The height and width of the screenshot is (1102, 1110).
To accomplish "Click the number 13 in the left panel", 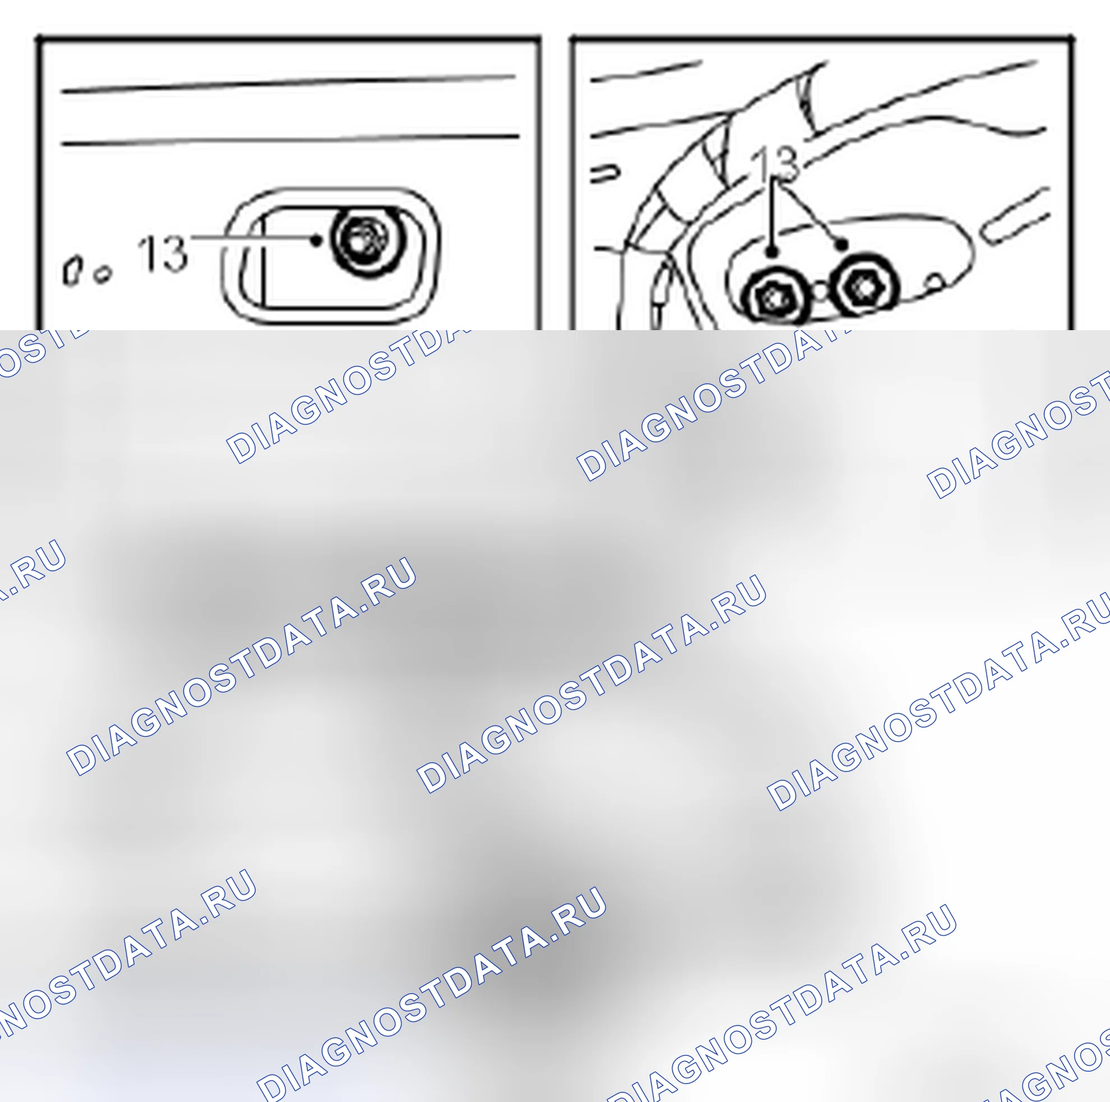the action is pyautogui.click(x=163, y=253).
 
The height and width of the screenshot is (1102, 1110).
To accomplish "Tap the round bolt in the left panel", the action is pyautogui.click(x=363, y=240).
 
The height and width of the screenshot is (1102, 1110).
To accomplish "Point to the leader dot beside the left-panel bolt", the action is pyautogui.click(x=315, y=240).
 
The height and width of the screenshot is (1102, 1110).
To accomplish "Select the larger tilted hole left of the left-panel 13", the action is pyautogui.click(x=71, y=270).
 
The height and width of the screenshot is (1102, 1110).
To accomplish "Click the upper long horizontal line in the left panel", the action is pyautogui.click(x=288, y=84).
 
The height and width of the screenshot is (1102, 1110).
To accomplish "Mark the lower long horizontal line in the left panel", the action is pyautogui.click(x=290, y=140).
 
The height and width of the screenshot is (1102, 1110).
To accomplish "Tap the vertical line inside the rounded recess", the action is pyautogui.click(x=263, y=261).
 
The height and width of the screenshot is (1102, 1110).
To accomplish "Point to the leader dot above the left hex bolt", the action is pyautogui.click(x=773, y=252).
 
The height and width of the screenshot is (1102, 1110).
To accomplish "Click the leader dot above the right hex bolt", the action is pyautogui.click(x=842, y=244).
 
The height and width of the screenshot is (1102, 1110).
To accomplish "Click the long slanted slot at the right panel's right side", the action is pyautogui.click(x=1015, y=214).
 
